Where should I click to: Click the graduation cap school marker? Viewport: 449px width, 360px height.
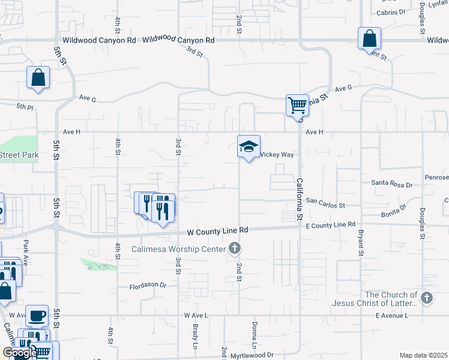click(x=249, y=146)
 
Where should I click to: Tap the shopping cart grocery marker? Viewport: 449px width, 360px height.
click(x=297, y=106)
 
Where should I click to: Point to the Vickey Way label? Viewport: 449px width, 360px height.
click(x=277, y=154)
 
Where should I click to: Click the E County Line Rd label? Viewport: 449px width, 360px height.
click(x=331, y=224)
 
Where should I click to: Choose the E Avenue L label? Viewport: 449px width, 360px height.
click(x=396, y=315)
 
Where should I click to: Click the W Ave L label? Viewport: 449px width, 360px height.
click(x=196, y=315)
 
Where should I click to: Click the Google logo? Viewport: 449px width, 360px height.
click(x=19, y=353)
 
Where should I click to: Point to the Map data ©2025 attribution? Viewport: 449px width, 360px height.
click(x=424, y=355)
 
